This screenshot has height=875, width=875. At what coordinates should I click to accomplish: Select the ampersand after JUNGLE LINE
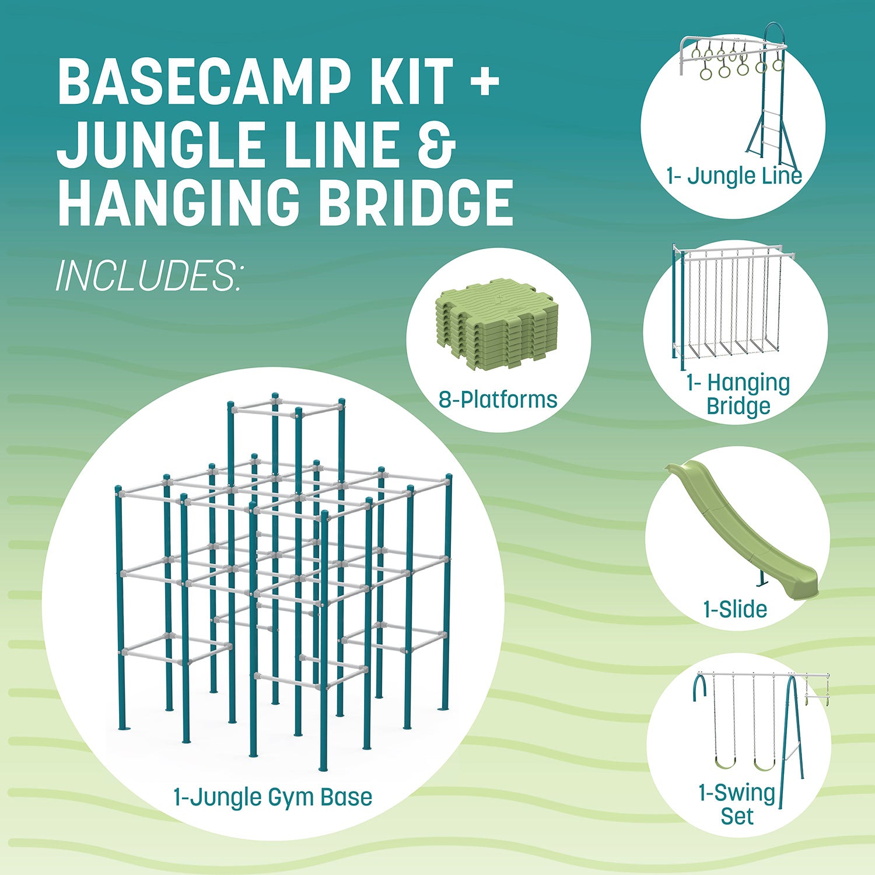(436, 143)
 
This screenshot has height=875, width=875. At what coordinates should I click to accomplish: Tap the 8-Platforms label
(498, 400)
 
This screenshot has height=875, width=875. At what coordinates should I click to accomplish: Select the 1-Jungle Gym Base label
(273, 797)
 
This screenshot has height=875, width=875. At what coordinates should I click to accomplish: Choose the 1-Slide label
(735, 610)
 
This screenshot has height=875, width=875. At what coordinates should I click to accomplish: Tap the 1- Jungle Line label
(734, 176)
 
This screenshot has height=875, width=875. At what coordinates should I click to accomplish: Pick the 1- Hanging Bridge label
(738, 394)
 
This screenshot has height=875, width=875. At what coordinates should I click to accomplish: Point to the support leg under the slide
(761, 578)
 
